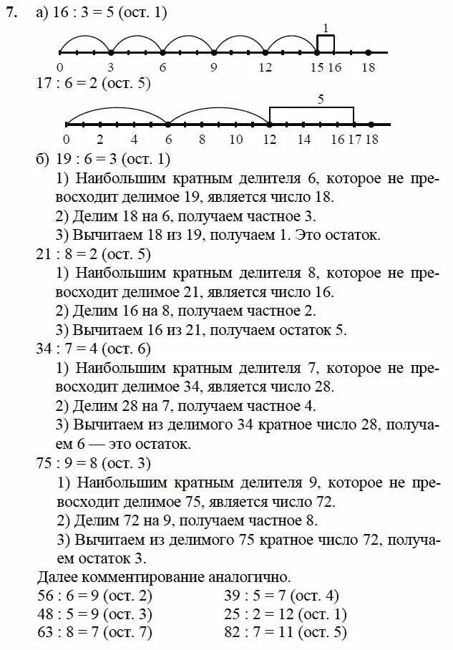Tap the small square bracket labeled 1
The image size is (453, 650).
click(326, 43)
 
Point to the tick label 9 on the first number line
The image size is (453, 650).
click(213, 67)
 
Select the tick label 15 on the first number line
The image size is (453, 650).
click(317, 67)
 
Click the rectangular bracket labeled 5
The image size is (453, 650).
click(311, 115)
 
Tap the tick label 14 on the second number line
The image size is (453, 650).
click(303, 140)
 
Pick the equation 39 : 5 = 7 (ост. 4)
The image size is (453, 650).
click(281, 595)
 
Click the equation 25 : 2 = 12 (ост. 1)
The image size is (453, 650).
click(285, 613)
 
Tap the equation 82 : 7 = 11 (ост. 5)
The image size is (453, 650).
click(285, 632)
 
